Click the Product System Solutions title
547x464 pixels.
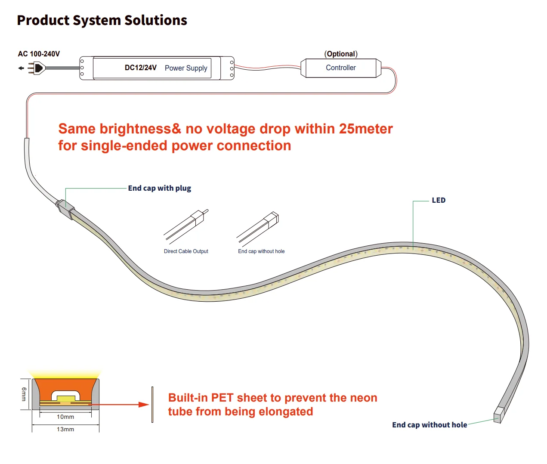(x=102, y=20)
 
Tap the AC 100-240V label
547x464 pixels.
(x=39, y=54)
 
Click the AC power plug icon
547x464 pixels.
(x=37, y=68)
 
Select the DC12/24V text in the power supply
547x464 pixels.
(x=140, y=68)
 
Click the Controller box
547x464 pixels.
(x=341, y=68)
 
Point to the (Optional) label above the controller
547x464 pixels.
(x=341, y=54)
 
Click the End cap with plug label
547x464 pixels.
(x=159, y=188)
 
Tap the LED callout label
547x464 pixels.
(x=439, y=200)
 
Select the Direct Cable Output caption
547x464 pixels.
(x=186, y=251)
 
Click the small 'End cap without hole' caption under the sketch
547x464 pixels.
(x=261, y=251)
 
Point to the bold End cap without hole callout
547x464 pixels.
(x=430, y=425)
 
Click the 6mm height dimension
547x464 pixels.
(x=24, y=394)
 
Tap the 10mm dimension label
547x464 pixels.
(x=65, y=417)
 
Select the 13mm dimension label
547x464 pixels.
(x=65, y=429)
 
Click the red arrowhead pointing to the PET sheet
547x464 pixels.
(x=144, y=405)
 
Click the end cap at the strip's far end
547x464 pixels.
(x=499, y=415)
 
